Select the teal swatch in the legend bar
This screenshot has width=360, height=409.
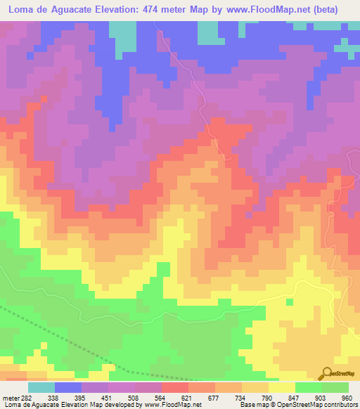tap(41, 387)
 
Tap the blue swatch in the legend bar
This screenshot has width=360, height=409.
tap(68, 387)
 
